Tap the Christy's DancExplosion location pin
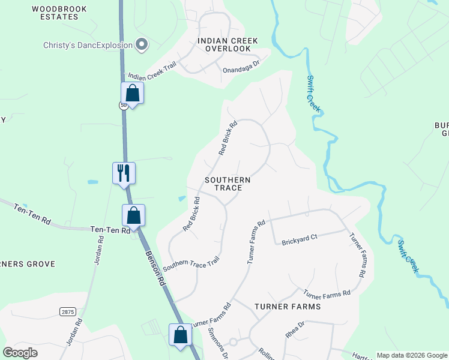pos(142,44)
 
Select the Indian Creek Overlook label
pos(228,44)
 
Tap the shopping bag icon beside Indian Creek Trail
pos(132,94)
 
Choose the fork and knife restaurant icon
pos(124,173)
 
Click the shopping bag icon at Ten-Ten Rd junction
pos(133,215)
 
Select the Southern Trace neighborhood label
pos(223,184)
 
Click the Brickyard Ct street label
pos(299,239)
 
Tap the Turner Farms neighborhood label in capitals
pos(288,306)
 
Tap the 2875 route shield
pos(68,311)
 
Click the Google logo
pos(20,353)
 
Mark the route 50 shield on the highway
pos(123,105)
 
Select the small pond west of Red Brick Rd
pos(182,198)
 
